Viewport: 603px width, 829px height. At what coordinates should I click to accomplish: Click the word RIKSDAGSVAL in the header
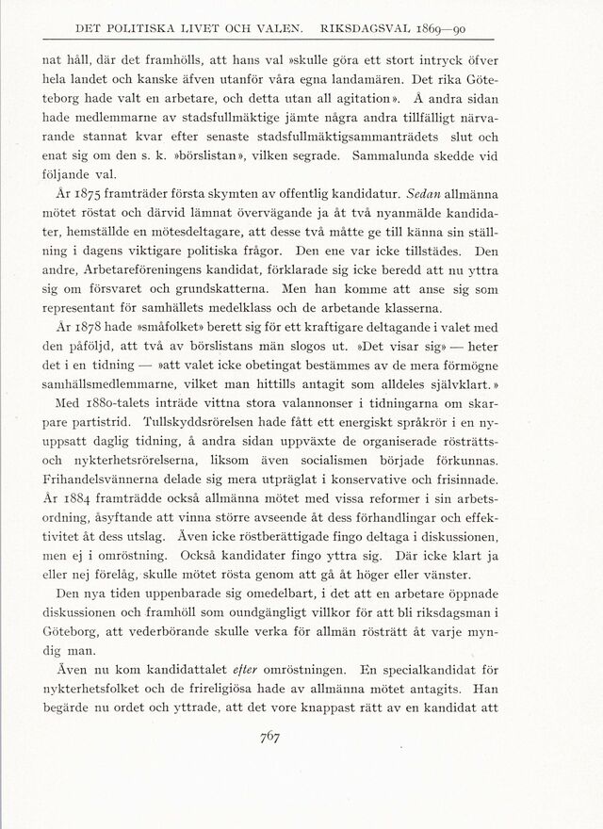click(x=404, y=27)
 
